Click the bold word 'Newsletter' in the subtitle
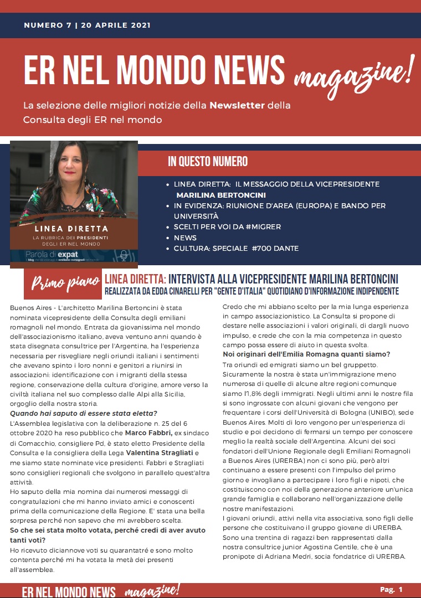click(237, 105)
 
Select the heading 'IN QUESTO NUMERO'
click(208, 162)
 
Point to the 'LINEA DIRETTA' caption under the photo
click(71, 228)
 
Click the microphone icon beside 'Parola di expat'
click(124, 255)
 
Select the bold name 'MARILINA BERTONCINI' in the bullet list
click(221, 195)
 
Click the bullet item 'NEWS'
click(185, 238)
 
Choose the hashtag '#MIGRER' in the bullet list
click(263, 227)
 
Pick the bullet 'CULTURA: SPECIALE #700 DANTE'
click(236, 249)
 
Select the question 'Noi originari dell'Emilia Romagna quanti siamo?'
click(306, 354)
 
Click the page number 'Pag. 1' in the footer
click(391, 589)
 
